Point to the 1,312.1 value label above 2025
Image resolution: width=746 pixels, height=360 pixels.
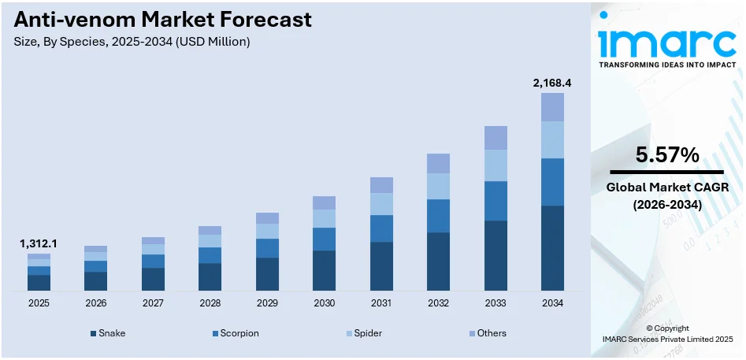coord(39,244)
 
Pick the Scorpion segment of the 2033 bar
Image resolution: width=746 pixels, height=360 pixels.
coord(495,201)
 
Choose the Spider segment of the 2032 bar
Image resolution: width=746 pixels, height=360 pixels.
coord(438,186)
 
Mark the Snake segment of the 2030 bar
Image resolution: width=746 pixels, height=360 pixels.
coord(324,271)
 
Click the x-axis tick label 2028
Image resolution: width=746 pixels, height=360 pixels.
coord(210,303)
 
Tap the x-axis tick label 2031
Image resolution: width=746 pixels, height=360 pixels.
coord(381,303)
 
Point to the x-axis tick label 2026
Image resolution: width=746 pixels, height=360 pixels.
coord(95,303)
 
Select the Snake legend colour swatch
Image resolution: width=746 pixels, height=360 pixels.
coord(94,333)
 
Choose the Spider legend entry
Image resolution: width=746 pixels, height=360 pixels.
coord(367,333)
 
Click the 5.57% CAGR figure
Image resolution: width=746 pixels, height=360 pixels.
coord(667,156)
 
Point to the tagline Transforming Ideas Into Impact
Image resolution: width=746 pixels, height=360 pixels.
coord(666,65)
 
